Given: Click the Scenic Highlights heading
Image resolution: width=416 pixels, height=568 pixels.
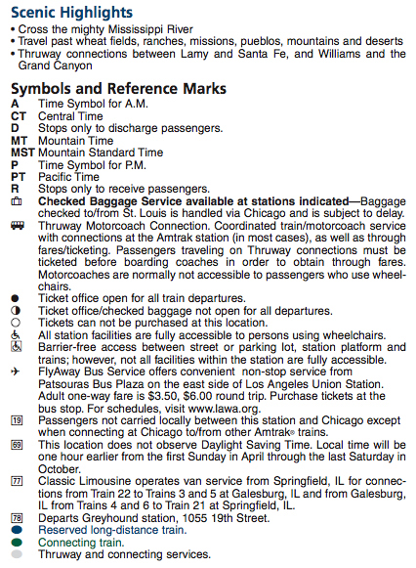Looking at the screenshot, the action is tap(72, 12).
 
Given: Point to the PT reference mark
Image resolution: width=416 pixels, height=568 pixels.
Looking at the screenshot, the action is tap(18, 177).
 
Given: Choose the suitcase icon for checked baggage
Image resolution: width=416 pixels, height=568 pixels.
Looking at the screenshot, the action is tap(16, 201).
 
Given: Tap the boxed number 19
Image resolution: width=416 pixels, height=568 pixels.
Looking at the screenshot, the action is tap(17, 420).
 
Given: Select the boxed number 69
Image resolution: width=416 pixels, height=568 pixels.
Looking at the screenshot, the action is tap(17, 445).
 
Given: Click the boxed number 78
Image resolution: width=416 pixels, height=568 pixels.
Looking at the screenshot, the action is tap(17, 518).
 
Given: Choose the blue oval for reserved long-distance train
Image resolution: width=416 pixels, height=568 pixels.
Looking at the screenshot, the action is tap(17, 530).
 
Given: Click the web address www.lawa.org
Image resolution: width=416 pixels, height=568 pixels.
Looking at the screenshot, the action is tap(221, 408).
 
